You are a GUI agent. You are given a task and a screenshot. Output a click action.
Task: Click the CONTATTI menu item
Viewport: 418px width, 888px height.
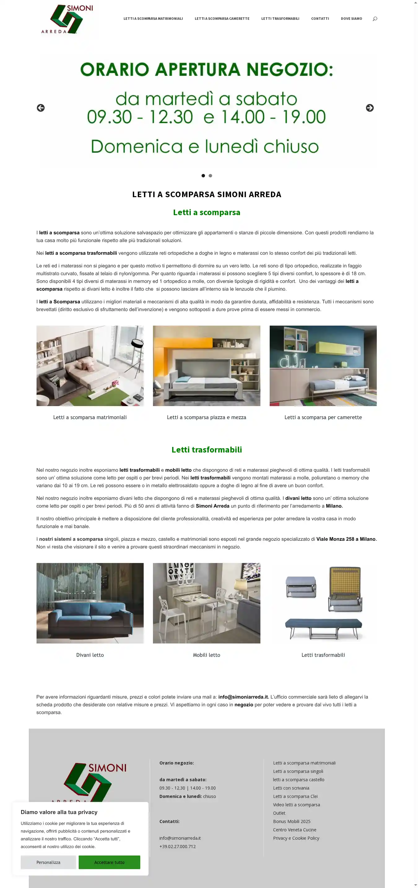320,19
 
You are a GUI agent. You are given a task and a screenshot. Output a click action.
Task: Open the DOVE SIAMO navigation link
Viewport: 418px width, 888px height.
351,19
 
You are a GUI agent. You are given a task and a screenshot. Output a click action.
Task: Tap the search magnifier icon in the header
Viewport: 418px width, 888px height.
375,19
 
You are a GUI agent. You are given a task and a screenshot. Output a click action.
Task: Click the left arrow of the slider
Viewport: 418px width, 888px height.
41,108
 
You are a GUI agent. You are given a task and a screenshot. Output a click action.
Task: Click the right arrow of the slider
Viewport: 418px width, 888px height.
369,108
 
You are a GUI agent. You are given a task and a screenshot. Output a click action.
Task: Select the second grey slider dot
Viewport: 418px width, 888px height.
210,176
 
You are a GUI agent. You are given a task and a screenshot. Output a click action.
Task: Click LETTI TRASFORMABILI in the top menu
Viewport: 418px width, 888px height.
280,19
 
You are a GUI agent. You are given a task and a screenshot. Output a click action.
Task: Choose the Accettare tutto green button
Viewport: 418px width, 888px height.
109,862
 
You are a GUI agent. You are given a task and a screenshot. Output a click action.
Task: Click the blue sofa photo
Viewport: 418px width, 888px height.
90,603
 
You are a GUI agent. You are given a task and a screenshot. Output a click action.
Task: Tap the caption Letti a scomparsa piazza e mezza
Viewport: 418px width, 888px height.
206,417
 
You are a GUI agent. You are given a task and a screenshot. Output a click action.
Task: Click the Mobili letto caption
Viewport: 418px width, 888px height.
206,655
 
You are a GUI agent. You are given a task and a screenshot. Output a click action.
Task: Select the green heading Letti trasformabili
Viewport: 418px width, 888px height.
207,449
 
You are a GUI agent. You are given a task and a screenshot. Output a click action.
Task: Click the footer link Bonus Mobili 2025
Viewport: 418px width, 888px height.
291,821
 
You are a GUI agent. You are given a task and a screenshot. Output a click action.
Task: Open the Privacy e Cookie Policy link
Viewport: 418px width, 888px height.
296,838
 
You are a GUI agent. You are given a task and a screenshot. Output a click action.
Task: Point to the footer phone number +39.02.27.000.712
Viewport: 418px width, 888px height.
177,846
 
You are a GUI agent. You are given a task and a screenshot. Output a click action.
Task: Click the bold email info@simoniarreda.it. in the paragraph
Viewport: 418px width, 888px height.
243,697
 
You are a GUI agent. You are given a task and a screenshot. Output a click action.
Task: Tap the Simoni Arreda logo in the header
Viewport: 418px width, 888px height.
67,19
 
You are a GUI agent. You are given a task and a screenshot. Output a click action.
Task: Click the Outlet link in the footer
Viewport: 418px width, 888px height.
279,813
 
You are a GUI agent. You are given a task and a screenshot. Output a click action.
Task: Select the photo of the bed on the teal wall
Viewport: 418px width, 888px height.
323,366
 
